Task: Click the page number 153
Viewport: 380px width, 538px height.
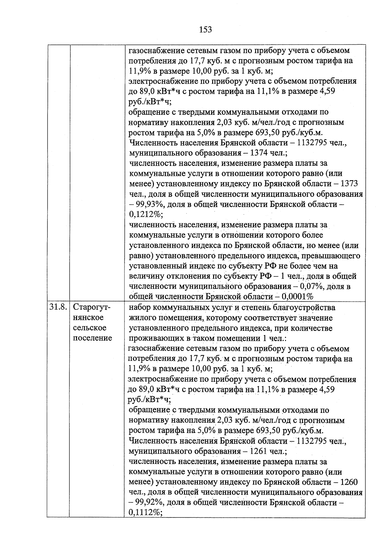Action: [x=205, y=30]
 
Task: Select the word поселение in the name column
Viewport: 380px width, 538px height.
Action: [x=92, y=338]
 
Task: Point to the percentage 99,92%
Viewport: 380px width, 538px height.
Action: [x=149, y=503]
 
